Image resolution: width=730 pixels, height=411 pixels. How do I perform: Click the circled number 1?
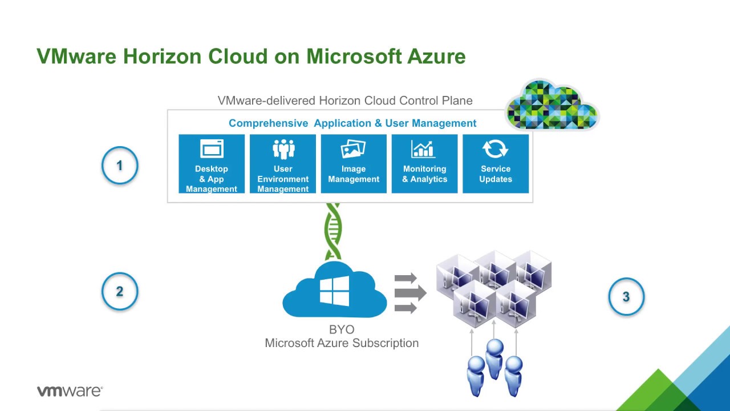(120, 166)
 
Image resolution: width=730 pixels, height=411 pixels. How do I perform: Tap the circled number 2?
(120, 291)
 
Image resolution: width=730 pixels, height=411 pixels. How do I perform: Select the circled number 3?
(626, 297)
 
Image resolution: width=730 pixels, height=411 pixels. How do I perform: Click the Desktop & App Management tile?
(212, 164)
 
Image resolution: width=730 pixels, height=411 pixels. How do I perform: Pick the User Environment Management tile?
(283, 164)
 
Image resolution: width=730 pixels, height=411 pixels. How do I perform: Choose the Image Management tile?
(354, 164)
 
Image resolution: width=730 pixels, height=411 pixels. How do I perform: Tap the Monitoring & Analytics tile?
(424, 164)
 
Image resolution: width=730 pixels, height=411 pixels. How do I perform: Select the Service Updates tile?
(496, 164)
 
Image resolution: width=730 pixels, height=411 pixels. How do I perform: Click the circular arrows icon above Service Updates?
(495, 149)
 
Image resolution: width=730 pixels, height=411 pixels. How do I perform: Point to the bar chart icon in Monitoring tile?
(423, 149)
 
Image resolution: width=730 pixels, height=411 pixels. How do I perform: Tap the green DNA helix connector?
(333, 231)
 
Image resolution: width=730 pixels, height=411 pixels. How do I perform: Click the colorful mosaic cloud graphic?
(551, 105)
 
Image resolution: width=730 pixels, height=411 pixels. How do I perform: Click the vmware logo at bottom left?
(70, 391)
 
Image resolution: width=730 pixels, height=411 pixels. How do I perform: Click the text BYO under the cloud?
(342, 330)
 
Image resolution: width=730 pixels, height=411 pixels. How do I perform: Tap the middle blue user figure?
(494, 357)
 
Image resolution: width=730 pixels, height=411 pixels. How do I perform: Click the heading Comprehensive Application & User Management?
(352, 123)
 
